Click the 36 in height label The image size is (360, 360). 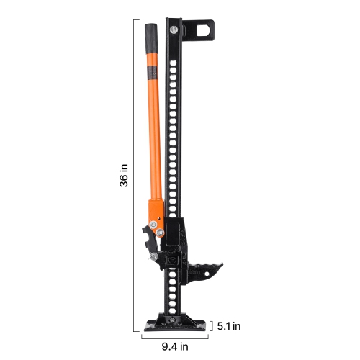124,175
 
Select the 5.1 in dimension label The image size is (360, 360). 229,325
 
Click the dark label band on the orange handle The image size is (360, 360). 153,72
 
